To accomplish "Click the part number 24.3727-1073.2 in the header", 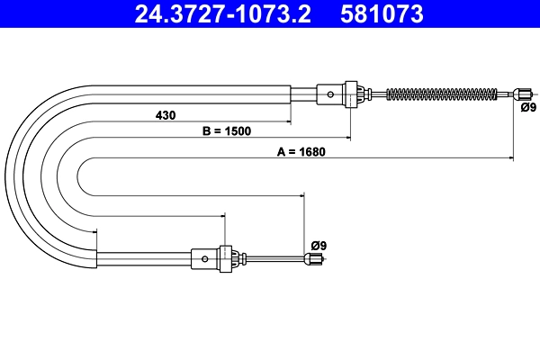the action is click(x=223, y=13).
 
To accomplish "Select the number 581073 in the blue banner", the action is click(x=382, y=13).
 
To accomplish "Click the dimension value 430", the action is click(x=166, y=115).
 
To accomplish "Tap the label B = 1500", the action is click(x=227, y=130).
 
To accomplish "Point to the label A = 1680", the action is click(x=301, y=151).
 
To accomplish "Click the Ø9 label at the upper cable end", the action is click(x=528, y=107).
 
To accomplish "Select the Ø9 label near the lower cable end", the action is click(x=319, y=246).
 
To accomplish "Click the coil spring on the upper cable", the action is click(x=442, y=94).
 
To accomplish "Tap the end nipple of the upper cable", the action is click(x=522, y=94).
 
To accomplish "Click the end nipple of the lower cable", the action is click(x=313, y=258).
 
